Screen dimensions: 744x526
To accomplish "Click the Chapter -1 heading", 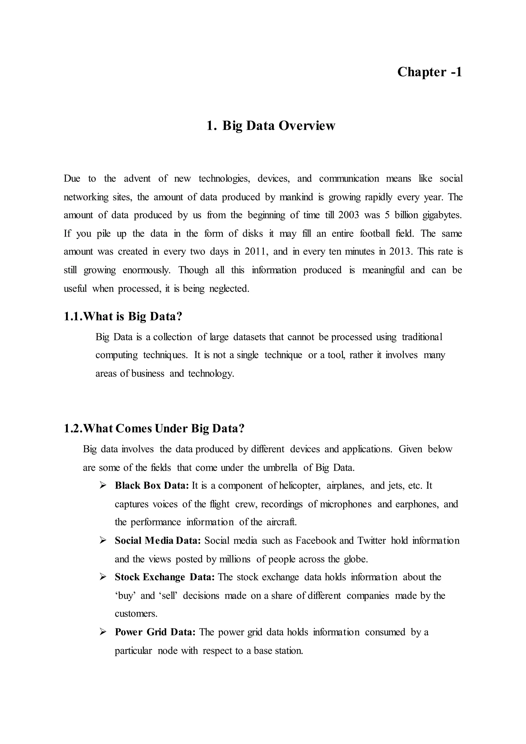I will point(429,72).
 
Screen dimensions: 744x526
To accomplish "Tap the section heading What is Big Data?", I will point(123,316).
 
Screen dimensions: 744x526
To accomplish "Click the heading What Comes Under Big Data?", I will point(154,428).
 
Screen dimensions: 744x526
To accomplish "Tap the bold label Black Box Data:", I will point(152,485).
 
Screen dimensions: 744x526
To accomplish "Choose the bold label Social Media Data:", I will point(158,541).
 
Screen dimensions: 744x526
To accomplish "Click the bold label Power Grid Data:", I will point(155,632).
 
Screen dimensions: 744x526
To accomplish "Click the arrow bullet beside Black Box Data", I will point(103,485).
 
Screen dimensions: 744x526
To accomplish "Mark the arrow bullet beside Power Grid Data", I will point(103,632).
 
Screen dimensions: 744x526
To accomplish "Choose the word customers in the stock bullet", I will point(136,614).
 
